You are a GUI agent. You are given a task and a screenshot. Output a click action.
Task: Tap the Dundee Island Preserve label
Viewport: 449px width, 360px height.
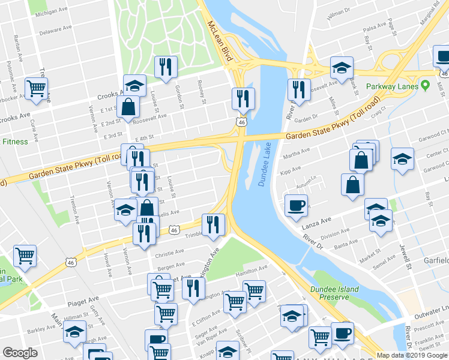pyautogui.click(x=335, y=293)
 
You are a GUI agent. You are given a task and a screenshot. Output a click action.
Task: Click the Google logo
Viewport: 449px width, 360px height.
pyautogui.click(x=20, y=353)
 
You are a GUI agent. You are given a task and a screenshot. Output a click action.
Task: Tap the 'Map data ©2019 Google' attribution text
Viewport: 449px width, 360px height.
pyautogui.click(x=412, y=355)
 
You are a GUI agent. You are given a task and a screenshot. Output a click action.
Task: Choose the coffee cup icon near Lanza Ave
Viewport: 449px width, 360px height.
pyautogui.click(x=296, y=205)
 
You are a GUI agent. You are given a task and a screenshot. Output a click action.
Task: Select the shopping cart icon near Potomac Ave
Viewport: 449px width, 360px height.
pyautogui.click(x=36, y=88)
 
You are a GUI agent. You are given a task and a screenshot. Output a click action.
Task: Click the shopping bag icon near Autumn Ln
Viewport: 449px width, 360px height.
pyautogui.click(x=352, y=185)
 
